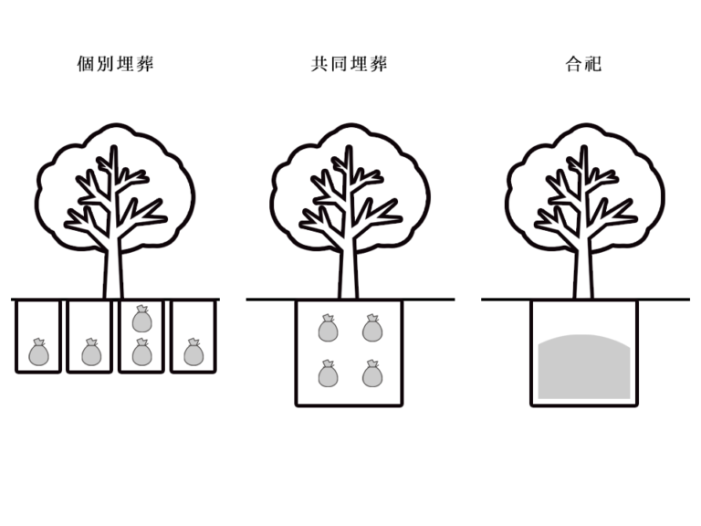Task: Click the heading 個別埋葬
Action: click(115, 65)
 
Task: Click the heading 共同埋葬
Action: click(350, 65)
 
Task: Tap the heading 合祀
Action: click(584, 65)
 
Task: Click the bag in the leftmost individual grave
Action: click(38, 352)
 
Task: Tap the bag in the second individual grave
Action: click(89, 352)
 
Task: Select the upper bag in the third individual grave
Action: click(141, 319)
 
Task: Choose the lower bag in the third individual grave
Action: click(141, 352)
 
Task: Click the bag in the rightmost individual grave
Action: click(193, 352)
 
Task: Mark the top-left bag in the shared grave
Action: click(328, 328)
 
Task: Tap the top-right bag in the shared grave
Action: click(371, 328)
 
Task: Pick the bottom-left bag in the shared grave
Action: click(328, 373)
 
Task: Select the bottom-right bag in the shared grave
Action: click(371, 373)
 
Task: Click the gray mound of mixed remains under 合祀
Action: click(584, 368)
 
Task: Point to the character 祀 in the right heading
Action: click(594, 65)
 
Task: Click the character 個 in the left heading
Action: click(85, 65)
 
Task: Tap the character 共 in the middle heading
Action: click(319, 65)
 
